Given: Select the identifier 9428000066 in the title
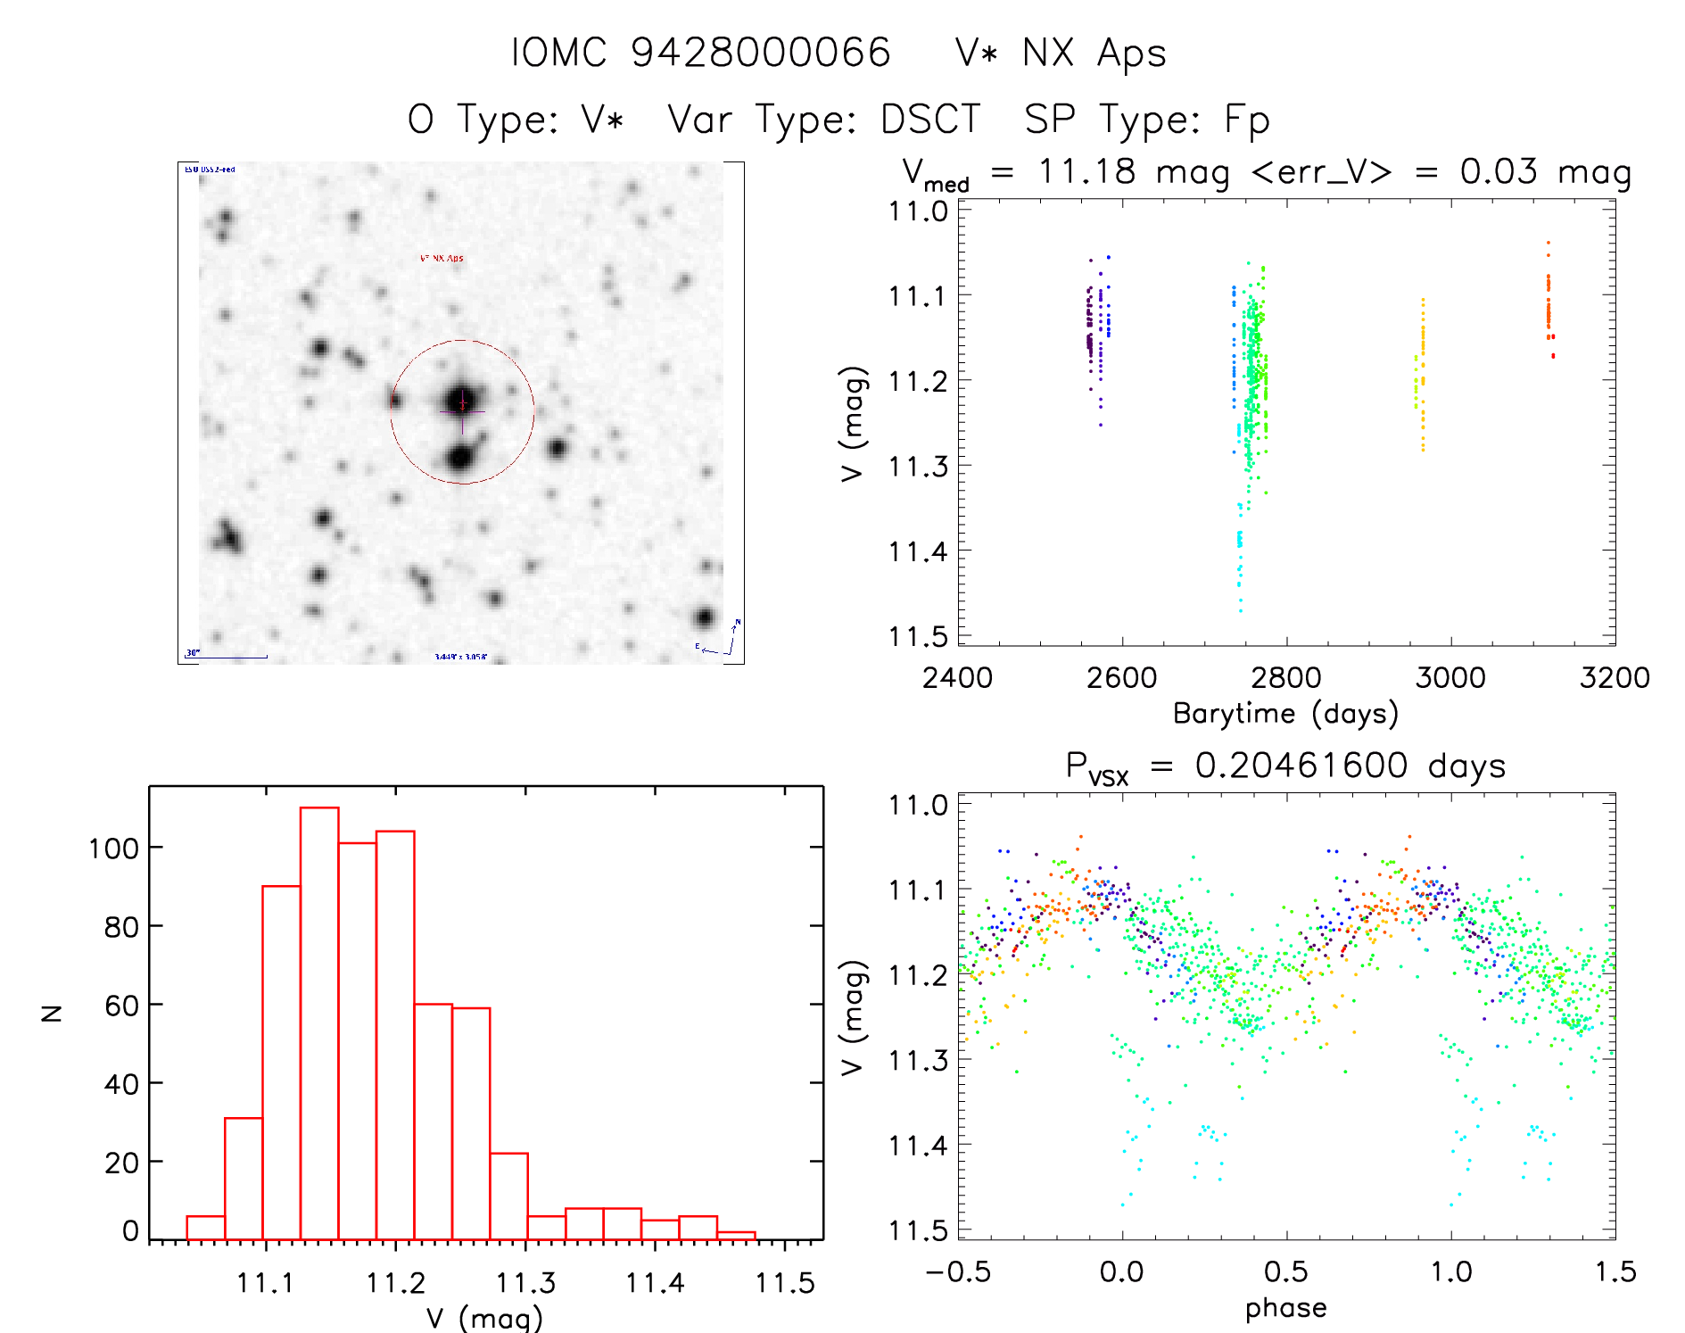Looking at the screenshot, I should click(x=761, y=53).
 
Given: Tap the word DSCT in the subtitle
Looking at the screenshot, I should click(x=930, y=120).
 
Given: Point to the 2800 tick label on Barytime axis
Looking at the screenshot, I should click(x=1285, y=678).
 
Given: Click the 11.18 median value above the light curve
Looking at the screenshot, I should click(x=1086, y=171).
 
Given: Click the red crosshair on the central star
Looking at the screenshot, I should click(x=462, y=404).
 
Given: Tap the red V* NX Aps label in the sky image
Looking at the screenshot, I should click(x=442, y=259).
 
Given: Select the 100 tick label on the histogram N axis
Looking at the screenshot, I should click(x=113, y=849).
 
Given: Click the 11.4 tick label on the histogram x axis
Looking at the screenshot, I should click(x=655, y=1283).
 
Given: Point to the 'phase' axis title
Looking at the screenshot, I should click(x=1285, y=1308).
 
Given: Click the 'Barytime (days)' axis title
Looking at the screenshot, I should click(x=1285, y=714).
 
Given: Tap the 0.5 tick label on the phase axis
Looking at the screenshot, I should click(x=1285, y=1271).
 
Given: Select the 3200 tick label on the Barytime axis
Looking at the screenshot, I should click(x=1614, y=678).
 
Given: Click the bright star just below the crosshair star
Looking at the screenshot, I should click(x=459, y=459).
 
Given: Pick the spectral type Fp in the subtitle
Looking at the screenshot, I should click(x=1246, y=120).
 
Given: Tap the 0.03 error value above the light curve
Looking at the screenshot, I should click(x=1499, y=171).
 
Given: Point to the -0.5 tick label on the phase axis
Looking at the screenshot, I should click(x=958, y=1271).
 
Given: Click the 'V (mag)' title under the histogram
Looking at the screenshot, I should click(x=483, y=1318).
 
